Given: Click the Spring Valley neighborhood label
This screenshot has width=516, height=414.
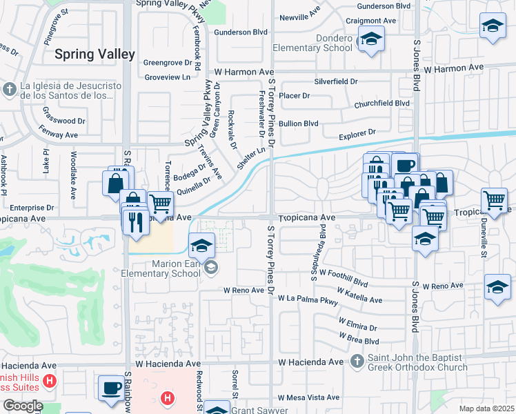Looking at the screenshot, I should [x=94, y=55].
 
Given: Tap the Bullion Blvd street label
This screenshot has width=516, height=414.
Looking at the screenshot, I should [x=298, y=124].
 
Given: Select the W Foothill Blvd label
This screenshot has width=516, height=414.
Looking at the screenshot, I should [x=344, y=278].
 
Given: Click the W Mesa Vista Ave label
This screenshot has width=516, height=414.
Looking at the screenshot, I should [x=308, y=397].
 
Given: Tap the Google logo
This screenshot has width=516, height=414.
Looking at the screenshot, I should [x=23, y=406].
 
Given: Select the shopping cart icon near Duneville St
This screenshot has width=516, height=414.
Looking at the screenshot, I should [x=494, y=199].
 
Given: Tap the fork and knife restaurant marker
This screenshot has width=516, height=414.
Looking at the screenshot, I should [x=135, y=220].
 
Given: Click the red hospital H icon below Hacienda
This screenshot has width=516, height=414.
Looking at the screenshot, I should [x=167, y=397].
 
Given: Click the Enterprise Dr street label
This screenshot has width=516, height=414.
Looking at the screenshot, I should [x=31, y=207].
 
